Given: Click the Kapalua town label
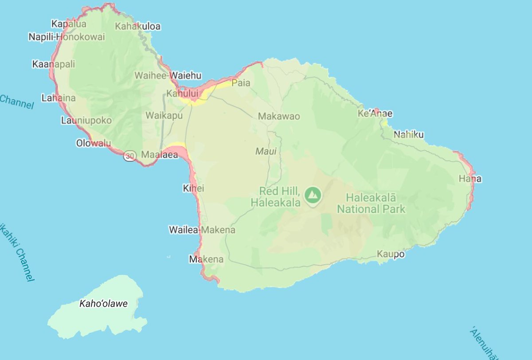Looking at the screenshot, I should click(69, 24).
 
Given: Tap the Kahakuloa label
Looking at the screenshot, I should click(137, 27).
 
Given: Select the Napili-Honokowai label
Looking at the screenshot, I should click(66, 37).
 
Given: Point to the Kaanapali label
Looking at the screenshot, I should click(54, 65).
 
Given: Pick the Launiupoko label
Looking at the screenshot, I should click(86, 121).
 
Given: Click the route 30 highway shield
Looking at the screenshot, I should click(130, 156).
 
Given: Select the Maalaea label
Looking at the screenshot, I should click(159, 155).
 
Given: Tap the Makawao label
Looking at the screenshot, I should click(279, 117).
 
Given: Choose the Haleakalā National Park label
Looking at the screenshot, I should click(371, 203).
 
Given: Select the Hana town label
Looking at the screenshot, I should click(470, 179).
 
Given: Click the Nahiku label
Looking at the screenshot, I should click(409, 135).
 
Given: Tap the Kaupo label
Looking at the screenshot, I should click(391, 254).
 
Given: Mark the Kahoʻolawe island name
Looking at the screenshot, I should click(103, 304).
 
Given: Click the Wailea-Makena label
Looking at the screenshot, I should click(202, 230).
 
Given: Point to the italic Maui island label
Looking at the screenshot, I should click(266, 152).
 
